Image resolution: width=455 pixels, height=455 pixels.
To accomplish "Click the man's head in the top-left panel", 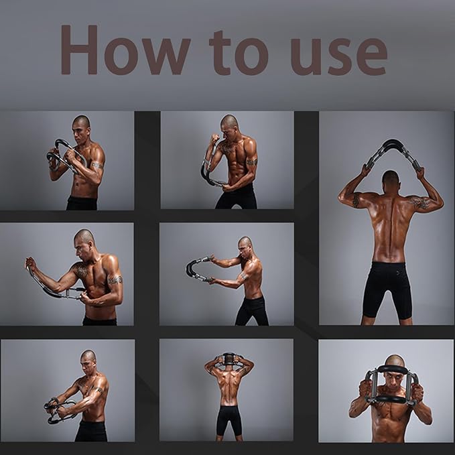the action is pyautogui.click(x=80, y=127).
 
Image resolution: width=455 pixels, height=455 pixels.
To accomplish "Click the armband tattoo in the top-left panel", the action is pyautogui.click(x=98, y=166).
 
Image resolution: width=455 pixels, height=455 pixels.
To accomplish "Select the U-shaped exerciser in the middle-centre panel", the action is pyautogui.click(x=197, y=269).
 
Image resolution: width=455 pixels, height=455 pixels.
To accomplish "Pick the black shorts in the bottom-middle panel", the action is pyautogui.click(x=229, y=419).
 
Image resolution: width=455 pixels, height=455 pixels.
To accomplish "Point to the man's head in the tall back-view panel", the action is pyautogui.click(x=391, y=180).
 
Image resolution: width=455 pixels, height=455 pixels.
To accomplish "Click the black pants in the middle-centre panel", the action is pyautogui.click(x=252, y=310).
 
